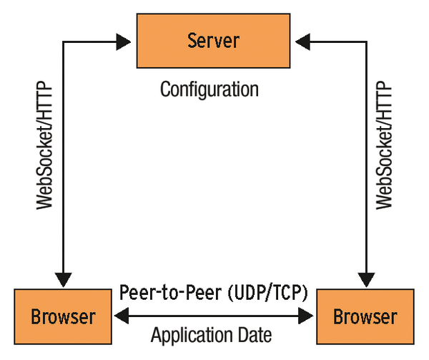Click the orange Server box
click(213, 40)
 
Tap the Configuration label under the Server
click(209, 90)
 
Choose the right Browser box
click(365, 316)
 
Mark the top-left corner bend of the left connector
click(64, 41)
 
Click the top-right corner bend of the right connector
click(366, 41)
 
